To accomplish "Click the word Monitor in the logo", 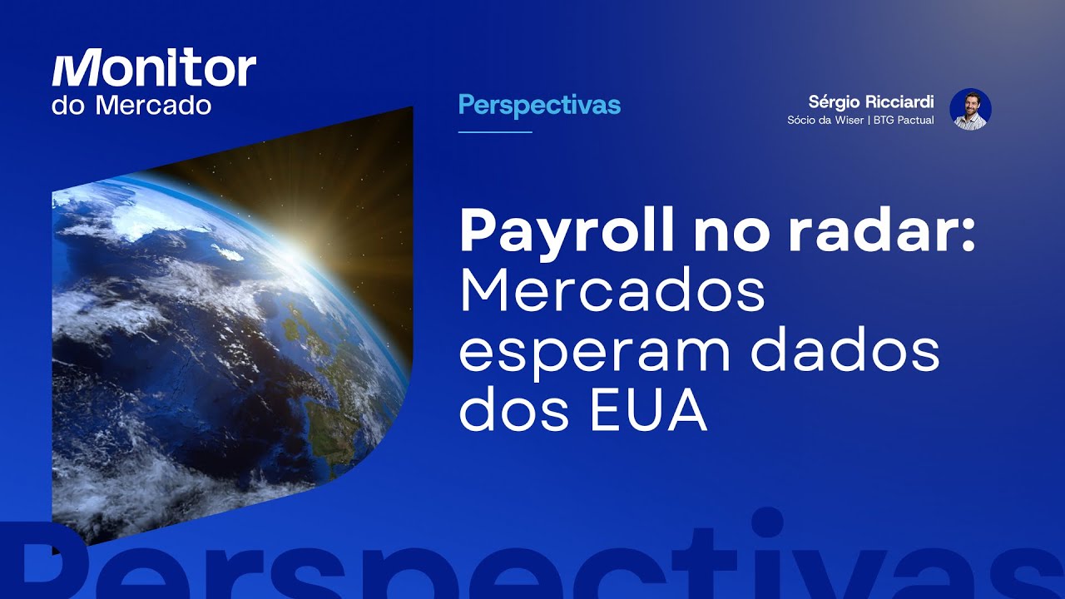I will tap(154, 70).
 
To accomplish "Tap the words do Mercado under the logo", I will tap(131, 106).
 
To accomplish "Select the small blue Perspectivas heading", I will tap(539, 106).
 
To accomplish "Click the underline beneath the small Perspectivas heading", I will tap(495, 131).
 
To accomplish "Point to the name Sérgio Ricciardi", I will tap(871, 101).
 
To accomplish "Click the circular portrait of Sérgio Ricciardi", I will tap(970, 109).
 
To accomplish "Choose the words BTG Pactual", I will tap(904, 120).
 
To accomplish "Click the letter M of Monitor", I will tap(78, 70).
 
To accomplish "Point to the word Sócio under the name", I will tap(803, 120).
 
